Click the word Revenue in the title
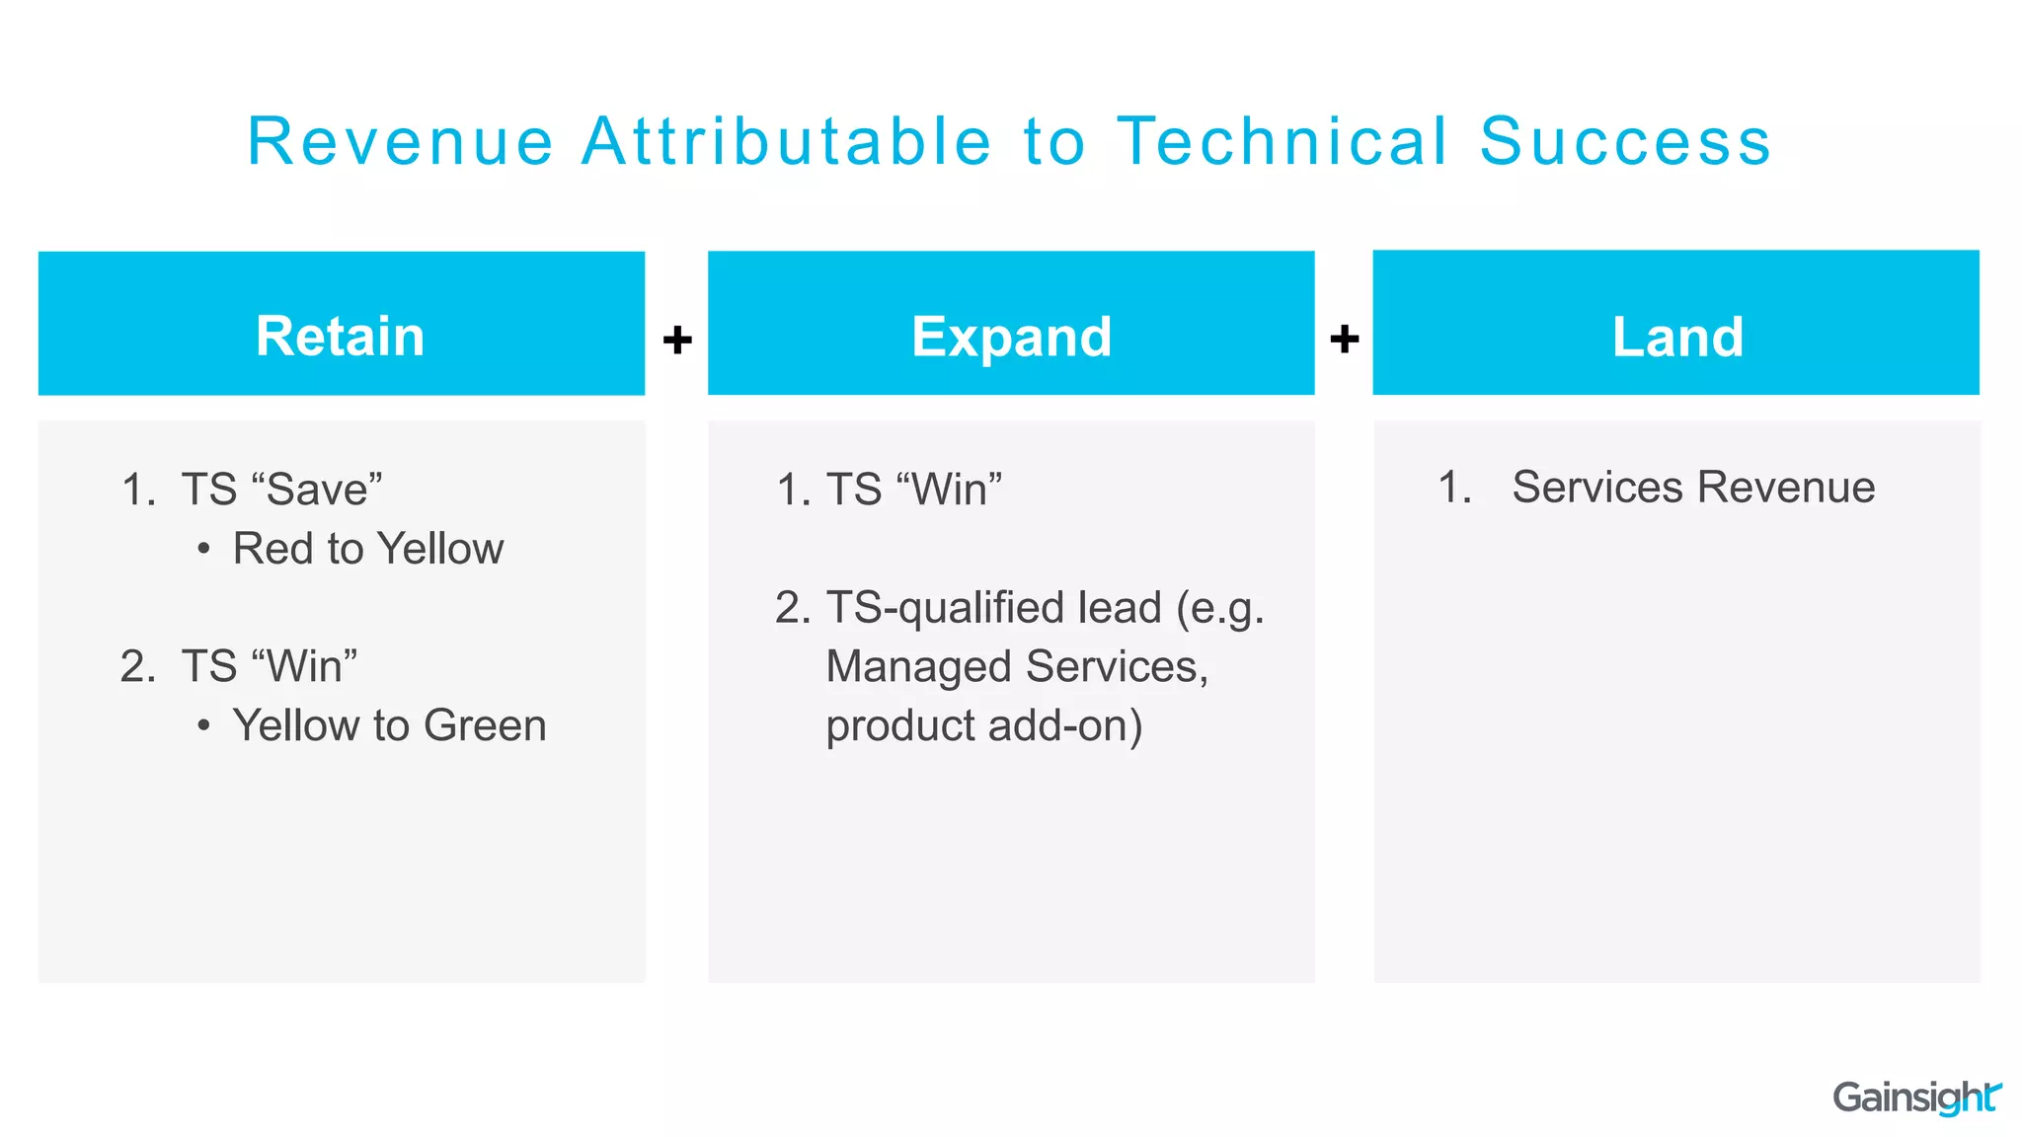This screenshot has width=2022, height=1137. [401, 141]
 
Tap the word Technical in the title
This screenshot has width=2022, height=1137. [1283, 141]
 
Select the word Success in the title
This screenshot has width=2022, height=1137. [1625, 141]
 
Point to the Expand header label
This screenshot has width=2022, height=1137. [1011, 337]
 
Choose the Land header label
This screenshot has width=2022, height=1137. [1677, 337]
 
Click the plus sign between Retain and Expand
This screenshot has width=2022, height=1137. [677, 340]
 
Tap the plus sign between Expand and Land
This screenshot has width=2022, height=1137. [1344, 340]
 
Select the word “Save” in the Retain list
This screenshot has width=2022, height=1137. [317, 489]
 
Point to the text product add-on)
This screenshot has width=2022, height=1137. [983, 725]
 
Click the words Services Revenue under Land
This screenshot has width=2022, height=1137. [1693, 487]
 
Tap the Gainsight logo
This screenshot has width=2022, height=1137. [1915, 1097]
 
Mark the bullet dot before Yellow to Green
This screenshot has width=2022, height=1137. [203, 726]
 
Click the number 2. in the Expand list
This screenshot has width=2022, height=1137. [792, 608]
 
